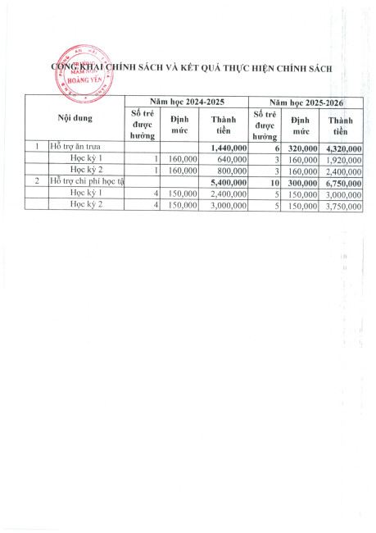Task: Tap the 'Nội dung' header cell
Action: [74, 118]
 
